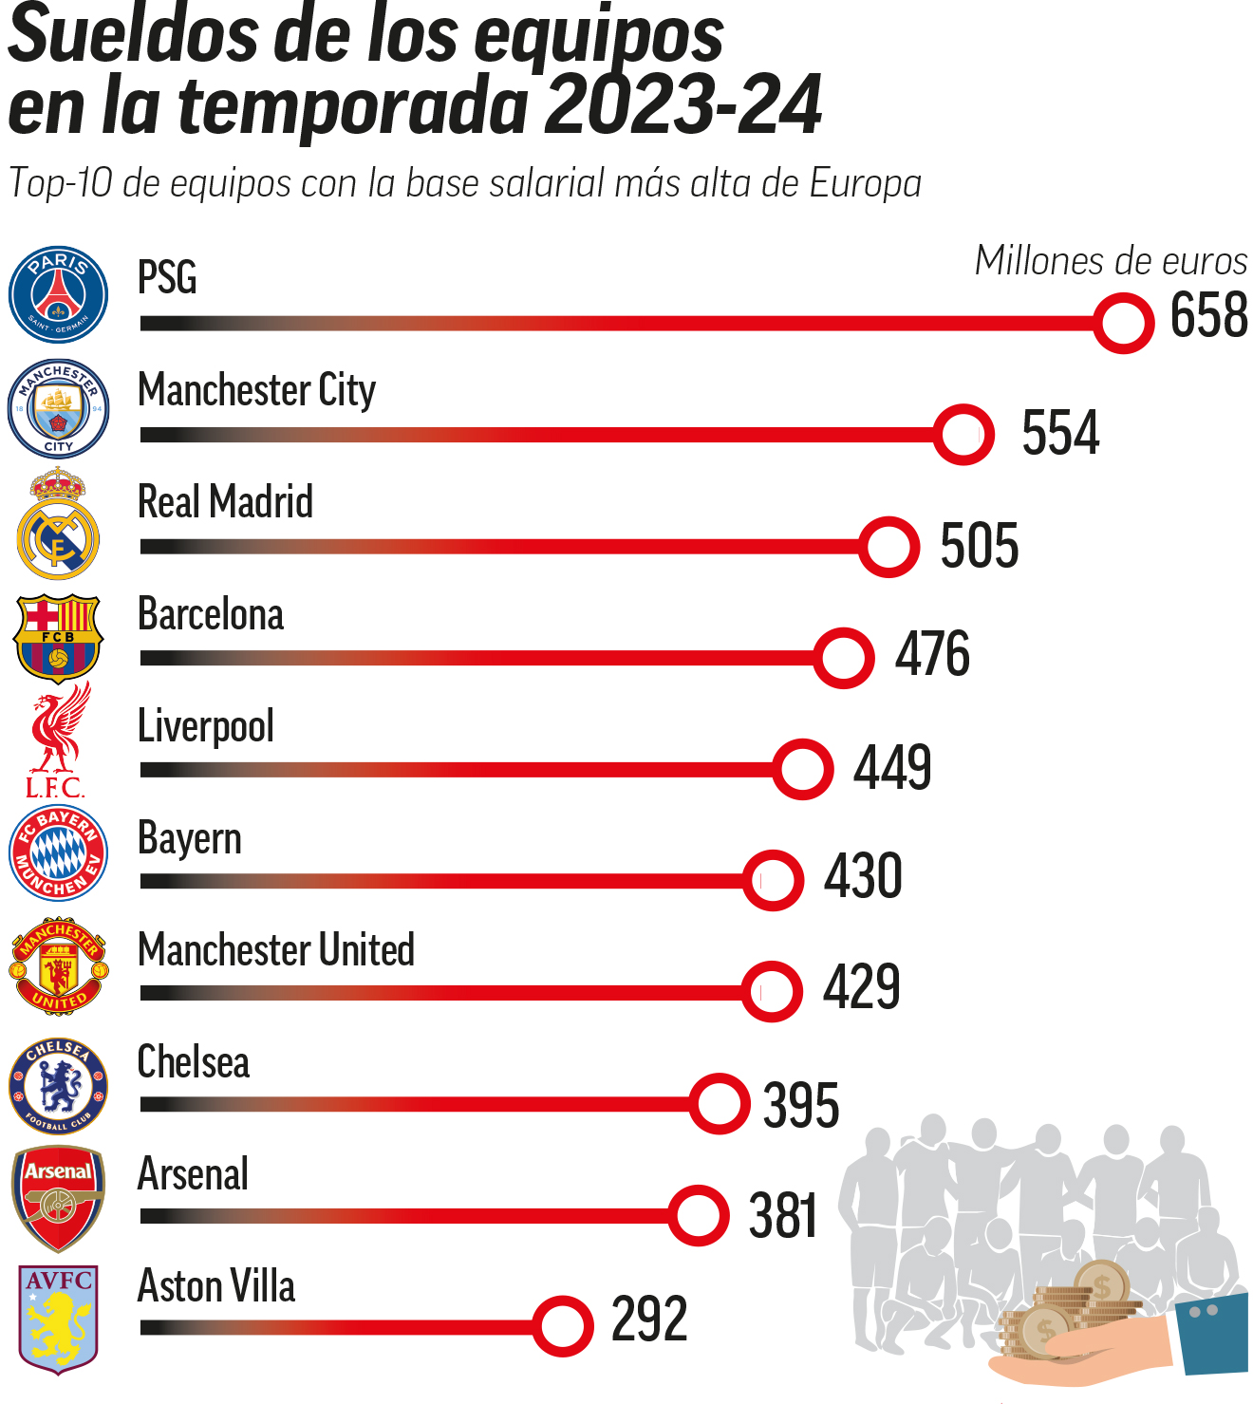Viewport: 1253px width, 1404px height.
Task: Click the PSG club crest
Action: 58,294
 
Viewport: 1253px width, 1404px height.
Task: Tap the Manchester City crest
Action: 58,409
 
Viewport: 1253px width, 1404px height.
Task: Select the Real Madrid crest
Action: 58,525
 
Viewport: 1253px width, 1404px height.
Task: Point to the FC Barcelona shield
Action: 58,637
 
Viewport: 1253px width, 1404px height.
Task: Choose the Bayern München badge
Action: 58,852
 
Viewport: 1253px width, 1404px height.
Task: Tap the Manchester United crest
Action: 58,965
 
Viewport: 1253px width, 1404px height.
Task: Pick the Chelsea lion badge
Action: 58,1085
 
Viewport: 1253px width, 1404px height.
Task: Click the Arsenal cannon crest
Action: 58,1198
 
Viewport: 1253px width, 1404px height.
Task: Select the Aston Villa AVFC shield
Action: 58,1319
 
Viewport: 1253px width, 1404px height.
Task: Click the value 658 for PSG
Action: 1208,315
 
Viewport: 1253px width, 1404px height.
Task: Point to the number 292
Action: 649,1319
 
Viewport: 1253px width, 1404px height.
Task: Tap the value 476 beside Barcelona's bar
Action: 932,654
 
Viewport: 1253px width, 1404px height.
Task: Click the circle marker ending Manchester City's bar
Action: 963,435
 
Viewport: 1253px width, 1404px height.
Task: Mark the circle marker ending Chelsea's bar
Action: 720,1104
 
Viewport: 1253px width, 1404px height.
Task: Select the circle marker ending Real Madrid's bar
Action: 888,547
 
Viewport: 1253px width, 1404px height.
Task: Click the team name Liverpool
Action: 206,727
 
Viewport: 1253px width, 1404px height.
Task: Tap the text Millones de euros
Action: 1111,261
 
